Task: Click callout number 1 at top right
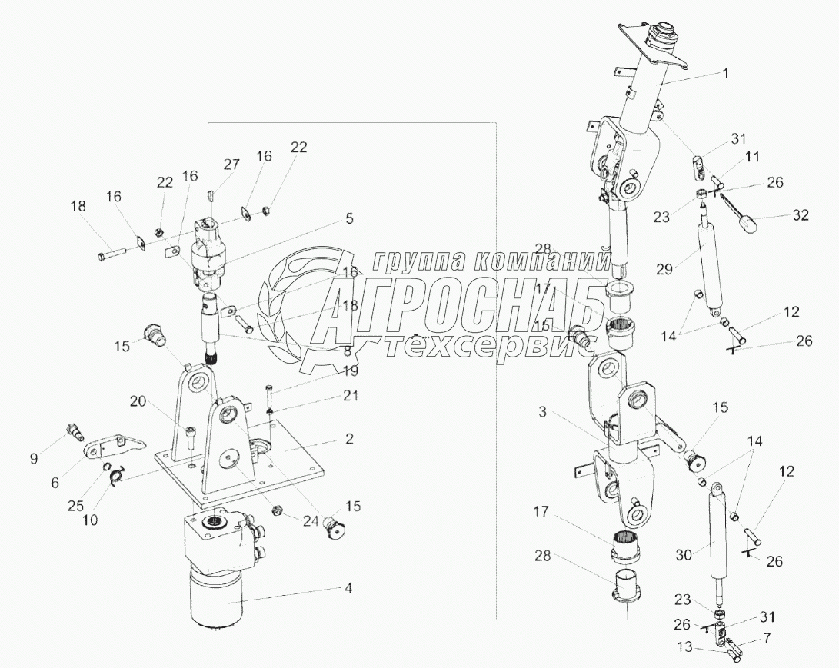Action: click(725, 73)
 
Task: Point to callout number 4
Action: click(348, 588)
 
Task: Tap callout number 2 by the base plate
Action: click(349, 439)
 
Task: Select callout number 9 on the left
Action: click(33, 458)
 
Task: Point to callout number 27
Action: click(231, 165)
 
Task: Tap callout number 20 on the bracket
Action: click(138, 400)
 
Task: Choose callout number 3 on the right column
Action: click(542, 412)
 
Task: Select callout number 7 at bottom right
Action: click(767, 638)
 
